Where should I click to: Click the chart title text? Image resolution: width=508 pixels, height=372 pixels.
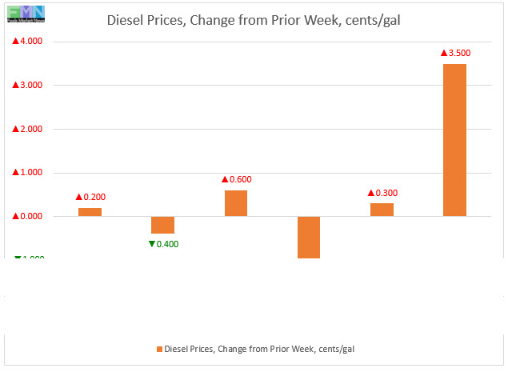point(254,21)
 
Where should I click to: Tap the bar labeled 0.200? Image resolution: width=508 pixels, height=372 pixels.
point(90,212)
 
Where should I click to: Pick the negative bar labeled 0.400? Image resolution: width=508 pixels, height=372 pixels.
point(163,224)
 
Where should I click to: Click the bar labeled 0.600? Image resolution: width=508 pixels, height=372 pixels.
point(236,203)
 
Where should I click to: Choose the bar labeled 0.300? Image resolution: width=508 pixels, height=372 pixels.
point(382,210)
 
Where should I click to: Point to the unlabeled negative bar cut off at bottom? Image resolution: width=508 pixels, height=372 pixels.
point(309,237)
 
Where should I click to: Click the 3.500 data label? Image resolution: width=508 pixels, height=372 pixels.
point(455,53)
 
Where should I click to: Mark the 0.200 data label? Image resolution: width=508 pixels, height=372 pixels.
point(90,197)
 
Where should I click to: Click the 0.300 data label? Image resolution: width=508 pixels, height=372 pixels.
point(382,193)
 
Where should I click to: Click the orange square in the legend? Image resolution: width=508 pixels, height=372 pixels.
point(158,349)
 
